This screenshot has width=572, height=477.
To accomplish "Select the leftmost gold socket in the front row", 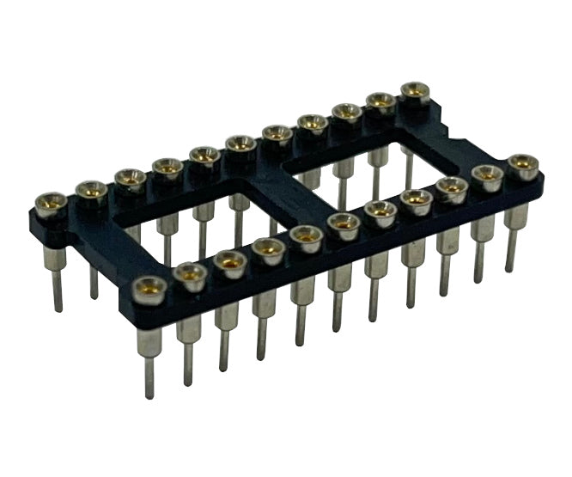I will [149, 286].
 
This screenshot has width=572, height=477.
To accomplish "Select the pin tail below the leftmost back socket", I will [57, 288].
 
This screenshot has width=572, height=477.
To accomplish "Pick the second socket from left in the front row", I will [189, 273].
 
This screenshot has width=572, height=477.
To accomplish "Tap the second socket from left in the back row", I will [91, 189].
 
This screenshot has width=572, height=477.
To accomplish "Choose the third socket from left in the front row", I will [229, 260].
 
